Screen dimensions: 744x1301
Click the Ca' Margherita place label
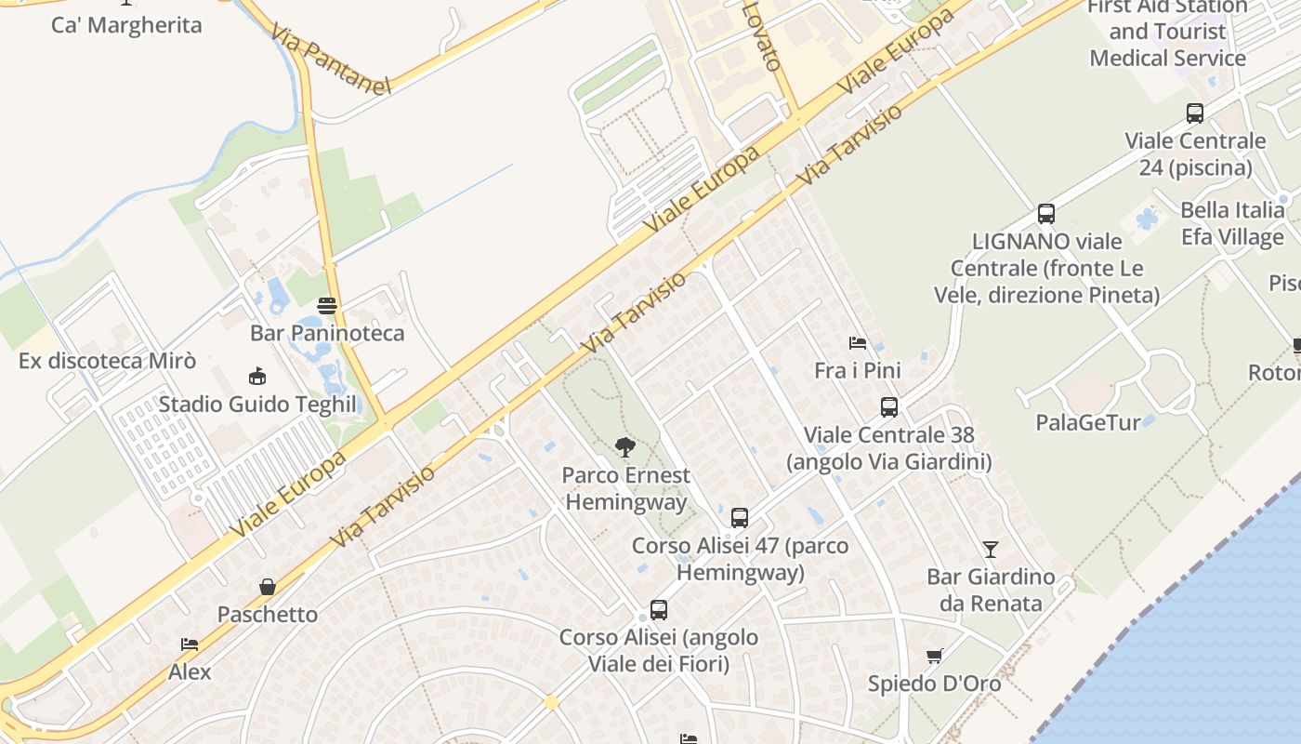click(126, 25)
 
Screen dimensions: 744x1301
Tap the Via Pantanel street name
click(331, 60)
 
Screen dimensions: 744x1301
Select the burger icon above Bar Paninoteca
click(327, 305)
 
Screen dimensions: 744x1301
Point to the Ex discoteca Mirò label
click(95, 361)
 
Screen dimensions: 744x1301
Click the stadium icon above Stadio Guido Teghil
click(257, 377)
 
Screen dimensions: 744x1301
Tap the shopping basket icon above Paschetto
click(268, 587)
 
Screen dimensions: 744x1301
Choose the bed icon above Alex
click(190, 644)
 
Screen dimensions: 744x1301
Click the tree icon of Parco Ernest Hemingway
click(625, 447)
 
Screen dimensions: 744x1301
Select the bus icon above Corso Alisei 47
click(740, 518)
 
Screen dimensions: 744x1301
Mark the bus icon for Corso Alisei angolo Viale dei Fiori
click(659, 610)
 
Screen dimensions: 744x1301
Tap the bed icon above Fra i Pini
click(858, 343)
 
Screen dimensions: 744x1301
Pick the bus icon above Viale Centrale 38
click(889, 406)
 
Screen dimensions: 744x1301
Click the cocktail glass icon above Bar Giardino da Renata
click(991, 550)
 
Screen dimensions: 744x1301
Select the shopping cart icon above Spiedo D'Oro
click(935, 656)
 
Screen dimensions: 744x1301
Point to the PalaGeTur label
click(1088, 422)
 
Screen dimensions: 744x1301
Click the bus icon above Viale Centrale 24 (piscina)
click(1195, 113)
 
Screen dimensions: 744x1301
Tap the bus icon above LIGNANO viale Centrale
click(1046, 214)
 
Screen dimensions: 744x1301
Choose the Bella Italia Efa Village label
click(1232, 223)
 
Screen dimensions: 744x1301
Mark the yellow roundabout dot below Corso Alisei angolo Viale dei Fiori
click(551, 702)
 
